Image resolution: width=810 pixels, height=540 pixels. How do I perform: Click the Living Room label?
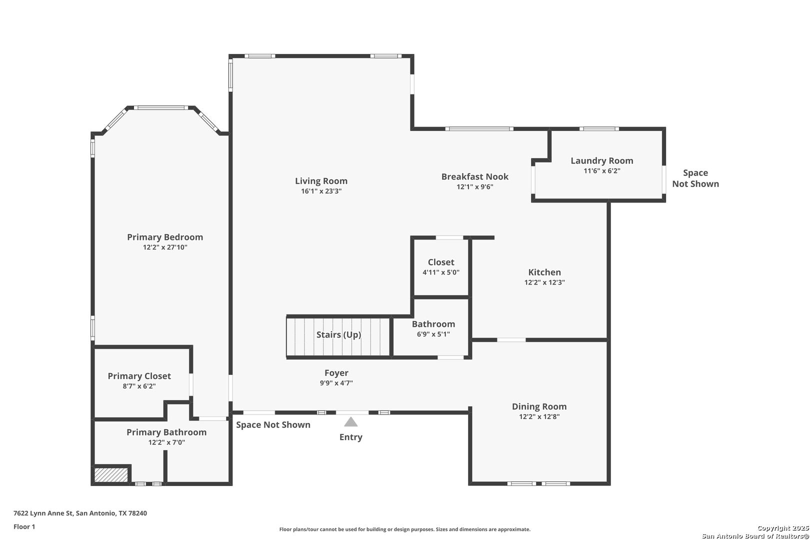click(x=321, y=181)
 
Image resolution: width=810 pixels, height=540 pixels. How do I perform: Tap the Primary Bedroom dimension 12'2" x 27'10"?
click(x=165, y=247)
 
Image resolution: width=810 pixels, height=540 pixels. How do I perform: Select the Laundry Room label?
click(x=601, y=160)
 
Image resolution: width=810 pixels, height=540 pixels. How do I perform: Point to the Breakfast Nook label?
click(x=475, y=176)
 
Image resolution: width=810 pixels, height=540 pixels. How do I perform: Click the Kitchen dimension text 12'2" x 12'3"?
click(x=544, y=282)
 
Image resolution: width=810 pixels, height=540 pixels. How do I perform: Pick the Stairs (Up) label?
click(x=339, y=335)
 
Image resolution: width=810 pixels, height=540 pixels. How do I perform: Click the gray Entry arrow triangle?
click(x=351, y=421)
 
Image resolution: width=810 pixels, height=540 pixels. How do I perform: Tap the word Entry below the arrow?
click(x=351, y=437)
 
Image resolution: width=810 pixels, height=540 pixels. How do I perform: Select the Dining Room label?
click(x=539, y=406)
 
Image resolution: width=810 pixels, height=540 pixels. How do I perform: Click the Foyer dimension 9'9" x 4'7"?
click(x=336, y=383)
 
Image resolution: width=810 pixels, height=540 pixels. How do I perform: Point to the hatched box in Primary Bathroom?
click(x=111, y=475)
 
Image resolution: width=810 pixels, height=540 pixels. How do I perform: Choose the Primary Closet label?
click(x=139, y=376)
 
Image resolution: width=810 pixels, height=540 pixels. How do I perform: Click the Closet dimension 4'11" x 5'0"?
click(x=441, y=272)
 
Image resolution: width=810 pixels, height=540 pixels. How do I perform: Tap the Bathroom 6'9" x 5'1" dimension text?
click(x=433, y=334)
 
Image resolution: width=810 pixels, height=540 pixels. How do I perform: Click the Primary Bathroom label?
click(x=166, y=432)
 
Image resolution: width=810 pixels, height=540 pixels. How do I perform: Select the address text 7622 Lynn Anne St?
click(x=43, y=513)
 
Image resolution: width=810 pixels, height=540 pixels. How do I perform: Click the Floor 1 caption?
click(x=24, y=527)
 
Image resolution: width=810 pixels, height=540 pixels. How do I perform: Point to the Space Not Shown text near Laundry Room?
click(x=695, y=178)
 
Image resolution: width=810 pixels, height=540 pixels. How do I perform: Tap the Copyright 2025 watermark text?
click(x=783, y=528)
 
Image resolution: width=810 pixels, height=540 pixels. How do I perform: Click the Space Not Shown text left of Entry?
click(x=273, y=425)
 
